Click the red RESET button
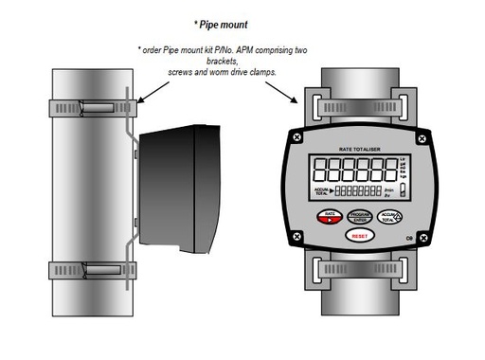tap(359, 236)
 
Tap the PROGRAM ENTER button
tap(360, 217)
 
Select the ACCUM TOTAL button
tap(391, 217)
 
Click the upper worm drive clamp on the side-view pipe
tap(95, 107)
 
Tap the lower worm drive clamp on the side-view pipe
tap(95, 271)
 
